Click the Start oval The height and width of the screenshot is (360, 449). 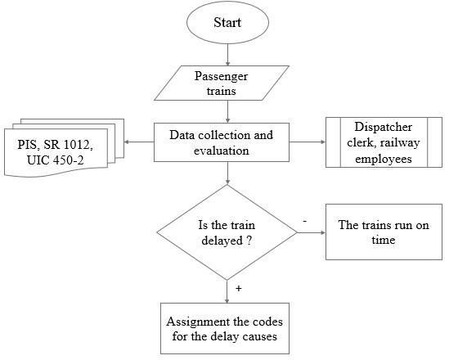[x=228, y=24]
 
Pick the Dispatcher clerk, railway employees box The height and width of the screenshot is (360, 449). [x=383, y=143]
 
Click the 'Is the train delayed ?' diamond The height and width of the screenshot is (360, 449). [x=227, y=232]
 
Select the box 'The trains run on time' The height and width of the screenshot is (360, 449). [x=383, y=232]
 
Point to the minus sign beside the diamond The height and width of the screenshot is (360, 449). [x=304, y=221]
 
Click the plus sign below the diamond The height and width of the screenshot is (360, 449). [x=238, y=290]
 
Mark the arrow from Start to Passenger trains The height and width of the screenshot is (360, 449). [x=228, y=55]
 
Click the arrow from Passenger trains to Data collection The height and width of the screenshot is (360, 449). [x=228, y=112]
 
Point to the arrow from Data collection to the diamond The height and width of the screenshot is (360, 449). [x=228, y=173]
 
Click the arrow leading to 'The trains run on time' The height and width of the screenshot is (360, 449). [x=313, y=232]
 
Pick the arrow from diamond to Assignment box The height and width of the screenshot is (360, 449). [x=228, y=291]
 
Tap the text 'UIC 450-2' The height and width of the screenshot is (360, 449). [x=56, y=160]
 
